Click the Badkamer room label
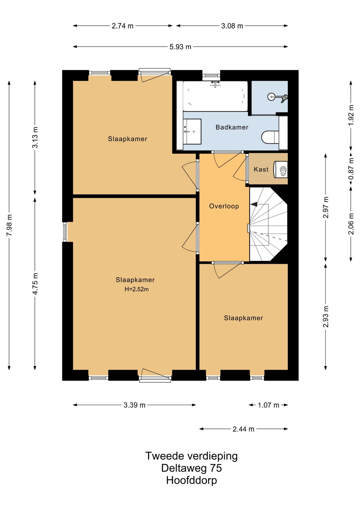point(232,127)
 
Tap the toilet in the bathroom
point(270,137)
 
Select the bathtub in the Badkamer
point(215,96)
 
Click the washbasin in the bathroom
point(192,131)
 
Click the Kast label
point(261,169)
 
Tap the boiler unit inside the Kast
point(281,170)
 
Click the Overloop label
point(224,206)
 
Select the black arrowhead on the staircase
point(254,204)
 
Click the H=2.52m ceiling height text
point(137,289)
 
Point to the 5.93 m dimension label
point(180,47)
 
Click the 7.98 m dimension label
point(9,225)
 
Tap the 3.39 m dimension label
point(134,405)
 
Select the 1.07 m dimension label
point(268,405)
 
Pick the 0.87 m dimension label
point(351,168)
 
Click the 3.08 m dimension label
point(232,26)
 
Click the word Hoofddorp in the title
point(191,480)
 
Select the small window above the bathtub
point(211,76)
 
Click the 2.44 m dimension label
point(243,429)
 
